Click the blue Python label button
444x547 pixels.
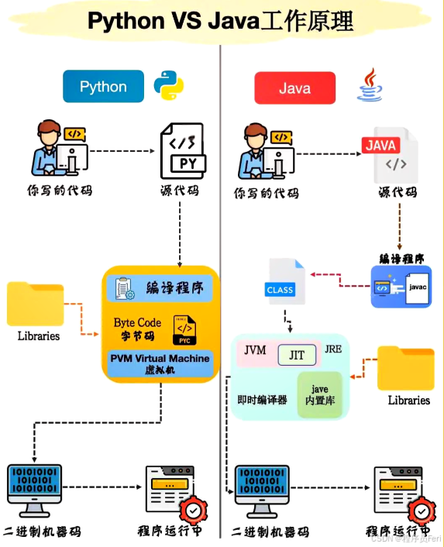click(103, 87)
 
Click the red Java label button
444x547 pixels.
click(294, 88)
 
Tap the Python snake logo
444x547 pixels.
click(168, 87)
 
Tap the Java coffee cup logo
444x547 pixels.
click(370, 86)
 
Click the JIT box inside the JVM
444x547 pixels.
click(297, 355)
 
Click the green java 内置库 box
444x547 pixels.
click(319, 394)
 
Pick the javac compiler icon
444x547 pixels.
click(401, 287)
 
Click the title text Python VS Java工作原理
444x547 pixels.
click(221, 21)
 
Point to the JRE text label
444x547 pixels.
click(333, 349)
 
